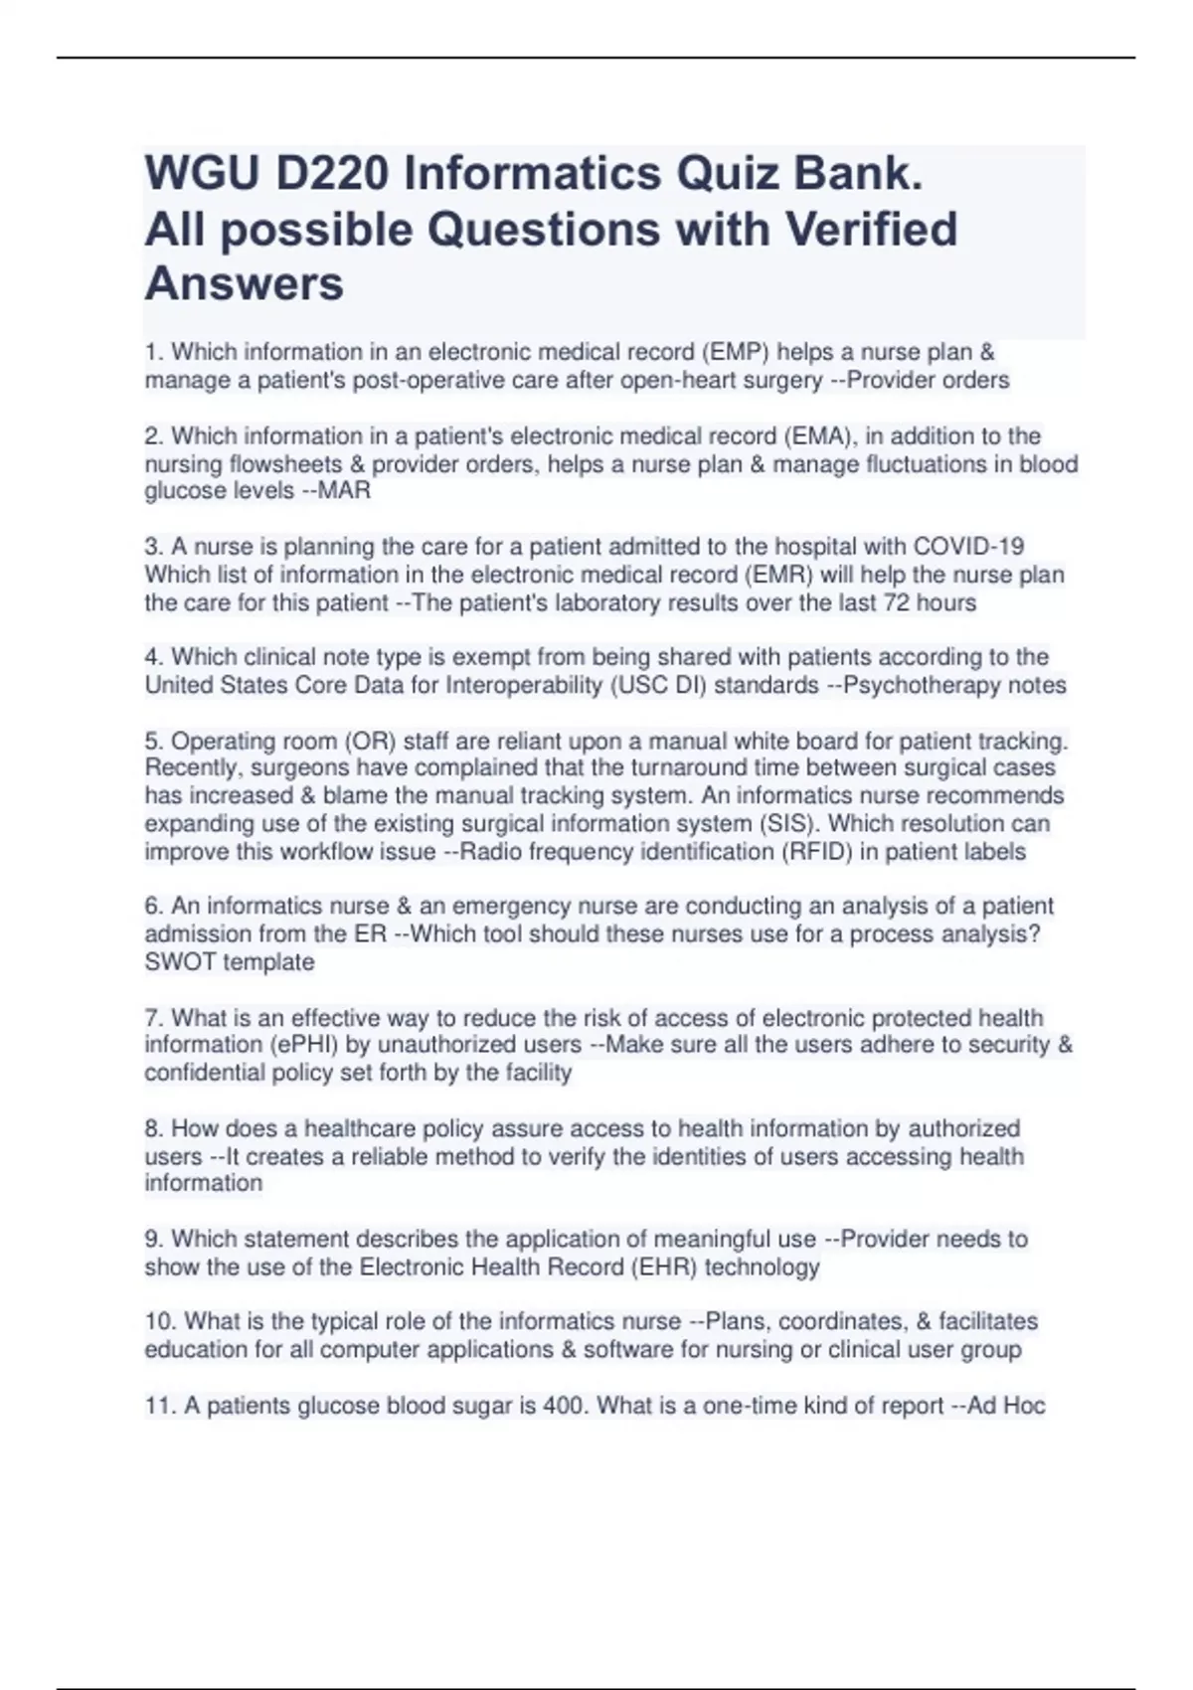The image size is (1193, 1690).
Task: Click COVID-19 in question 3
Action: pyautogui.click(x=968, y=547)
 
